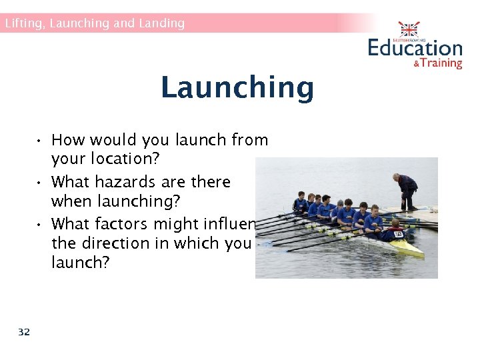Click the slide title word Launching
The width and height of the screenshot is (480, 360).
pyautogui.click(x=237, y=88)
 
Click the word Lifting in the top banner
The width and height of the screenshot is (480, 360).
pyautogui.click(x=22, y=23)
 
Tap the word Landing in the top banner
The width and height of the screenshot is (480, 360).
pyautogui.click(x=161, y=23)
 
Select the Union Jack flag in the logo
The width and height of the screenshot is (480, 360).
pyautogui.click(x=409, y=30)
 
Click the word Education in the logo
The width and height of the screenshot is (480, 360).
pyautogui.click(x=415, y=48)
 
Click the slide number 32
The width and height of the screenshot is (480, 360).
pyautogui.click(x=24, y=332)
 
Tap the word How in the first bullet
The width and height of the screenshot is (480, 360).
pyautogui.click(x=67, y=140)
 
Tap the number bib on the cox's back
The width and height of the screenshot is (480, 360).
pyautogui.click(x=399, y=234)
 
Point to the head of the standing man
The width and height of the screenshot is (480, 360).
pyautogui.click(x=397, y=177)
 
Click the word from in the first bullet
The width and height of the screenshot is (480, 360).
pyautogui.click(x=249, y=140)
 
